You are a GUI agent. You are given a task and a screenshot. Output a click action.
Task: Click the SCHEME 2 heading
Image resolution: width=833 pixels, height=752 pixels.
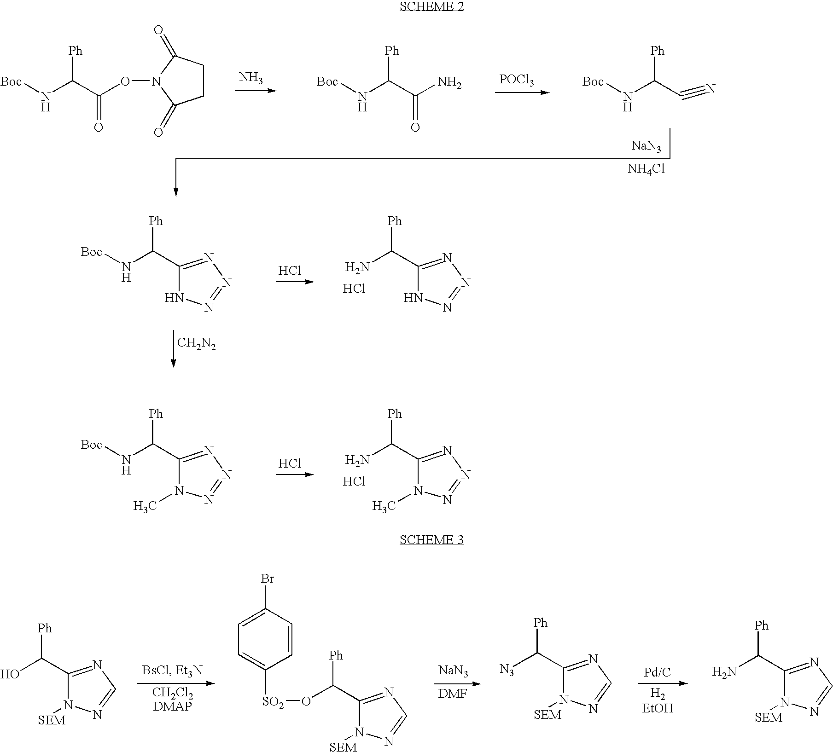click(431, 6)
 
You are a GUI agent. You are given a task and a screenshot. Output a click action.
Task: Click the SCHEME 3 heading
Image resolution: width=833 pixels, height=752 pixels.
click(431, 539)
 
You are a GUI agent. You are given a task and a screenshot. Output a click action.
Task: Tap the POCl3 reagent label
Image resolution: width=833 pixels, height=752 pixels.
click(517, 80)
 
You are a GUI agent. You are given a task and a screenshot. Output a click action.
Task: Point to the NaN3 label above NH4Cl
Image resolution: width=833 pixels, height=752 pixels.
click(646, 147)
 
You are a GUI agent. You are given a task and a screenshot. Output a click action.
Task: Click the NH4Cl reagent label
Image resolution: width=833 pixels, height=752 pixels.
click(647, 169)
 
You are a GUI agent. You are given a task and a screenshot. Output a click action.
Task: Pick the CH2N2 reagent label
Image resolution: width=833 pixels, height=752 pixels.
click(197, 344)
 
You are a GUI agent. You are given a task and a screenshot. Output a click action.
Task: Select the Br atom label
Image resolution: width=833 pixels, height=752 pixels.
click(268, 578)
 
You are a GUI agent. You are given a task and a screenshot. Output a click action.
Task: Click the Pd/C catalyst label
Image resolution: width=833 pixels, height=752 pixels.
click(657, 672)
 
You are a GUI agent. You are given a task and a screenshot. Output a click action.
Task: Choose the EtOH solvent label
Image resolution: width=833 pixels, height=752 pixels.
click(658, 708)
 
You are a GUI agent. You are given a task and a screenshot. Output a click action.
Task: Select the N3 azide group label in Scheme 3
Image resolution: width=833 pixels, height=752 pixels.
click(507, 669)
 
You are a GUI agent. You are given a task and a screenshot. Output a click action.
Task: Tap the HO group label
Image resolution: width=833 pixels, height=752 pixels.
click(9, 675)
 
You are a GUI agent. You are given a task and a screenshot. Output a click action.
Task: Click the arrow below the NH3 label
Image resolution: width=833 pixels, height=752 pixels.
click(256, 91)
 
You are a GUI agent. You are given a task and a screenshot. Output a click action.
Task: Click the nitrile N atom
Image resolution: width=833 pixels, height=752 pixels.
click(711, 89)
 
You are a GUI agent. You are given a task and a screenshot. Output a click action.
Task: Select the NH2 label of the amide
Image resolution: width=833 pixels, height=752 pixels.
click(450, 83)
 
